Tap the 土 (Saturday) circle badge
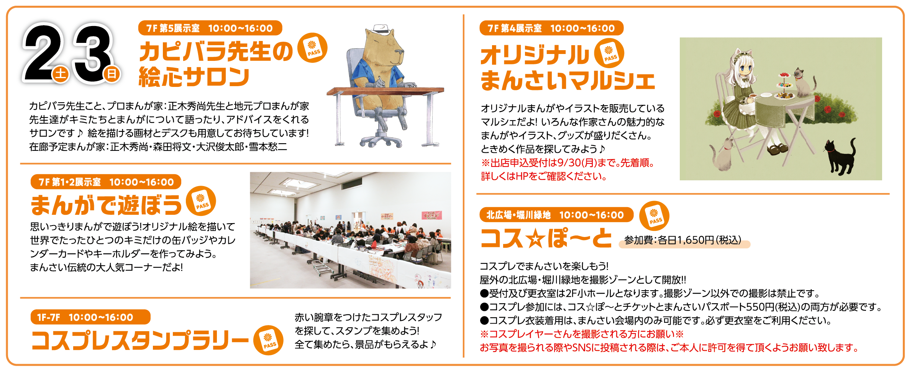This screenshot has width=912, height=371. click(x=61, y=74)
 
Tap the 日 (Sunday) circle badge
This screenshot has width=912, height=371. click(x=112, y=74)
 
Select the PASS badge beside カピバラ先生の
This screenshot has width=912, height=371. click(x=312, y=48)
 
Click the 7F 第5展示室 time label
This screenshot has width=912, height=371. click(x=210, y=28)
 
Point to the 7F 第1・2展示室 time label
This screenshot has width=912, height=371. click(x=106, y=182)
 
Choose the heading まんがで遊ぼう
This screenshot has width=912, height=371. click(x=106, y=205)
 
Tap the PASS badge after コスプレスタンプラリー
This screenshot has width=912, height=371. click(x=268, y=340)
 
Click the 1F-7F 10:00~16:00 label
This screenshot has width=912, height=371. click(x=90, y=317)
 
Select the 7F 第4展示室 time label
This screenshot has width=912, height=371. click(x=551, y=28)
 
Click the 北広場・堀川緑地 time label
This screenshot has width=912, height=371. click(x=556, y=215)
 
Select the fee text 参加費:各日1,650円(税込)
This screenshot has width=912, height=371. click(x=683, y=240)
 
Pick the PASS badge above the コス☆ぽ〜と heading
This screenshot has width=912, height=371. click(x=654, y=216)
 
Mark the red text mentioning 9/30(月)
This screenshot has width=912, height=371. click(x=568, y=163)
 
